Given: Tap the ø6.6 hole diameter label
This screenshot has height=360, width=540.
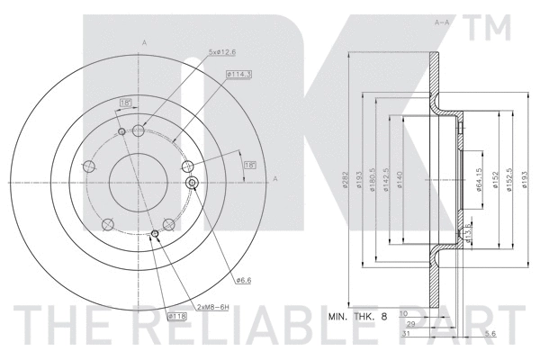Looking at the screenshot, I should [243, 282].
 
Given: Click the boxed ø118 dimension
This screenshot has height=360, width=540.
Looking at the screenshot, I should [176, 316].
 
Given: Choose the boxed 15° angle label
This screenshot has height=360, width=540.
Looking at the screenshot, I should [127, 103].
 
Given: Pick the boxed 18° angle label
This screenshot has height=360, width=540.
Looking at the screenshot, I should [249, 165].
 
